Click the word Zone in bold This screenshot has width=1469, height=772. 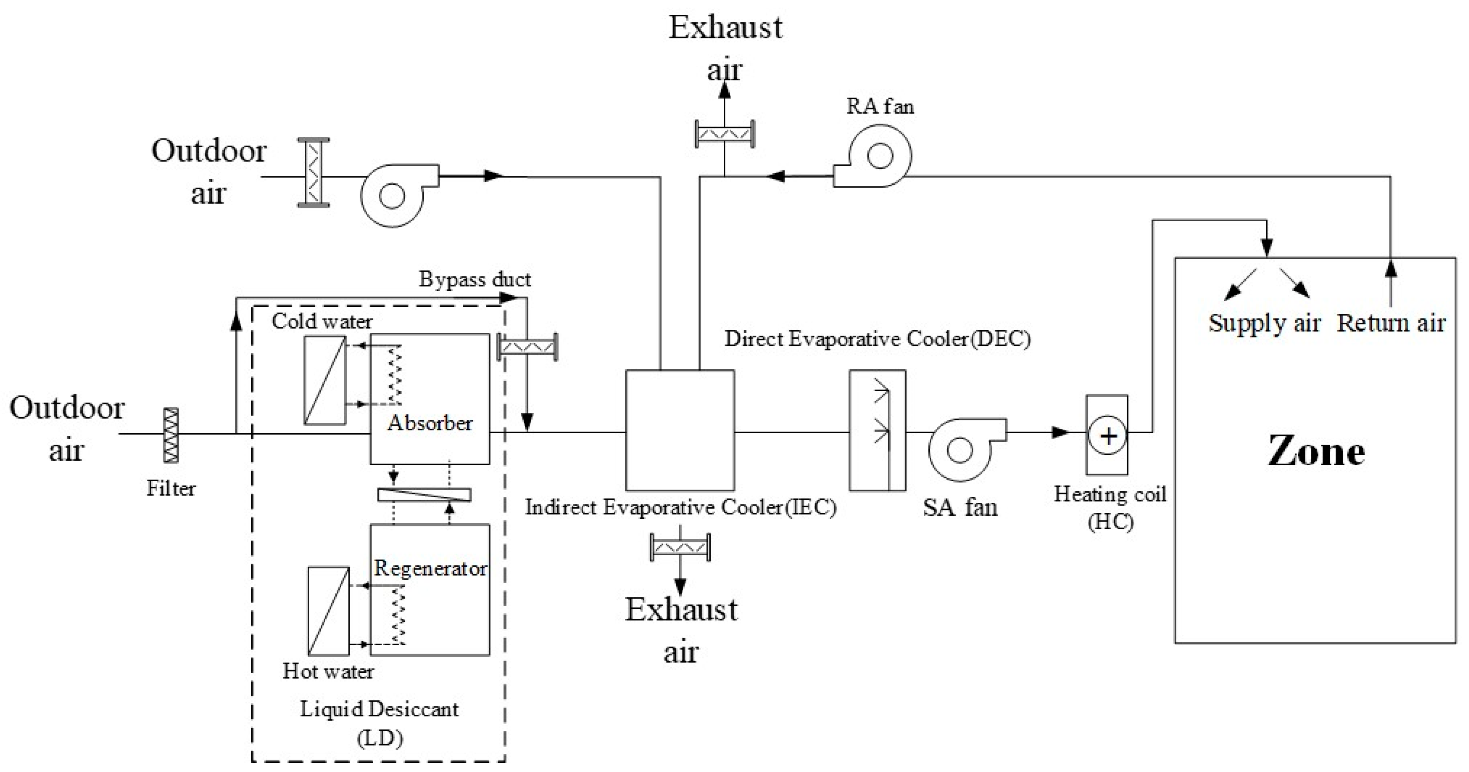click(1316, 452)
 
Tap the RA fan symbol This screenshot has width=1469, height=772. click(873, 157)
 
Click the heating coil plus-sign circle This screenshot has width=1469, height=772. click(1107, 436)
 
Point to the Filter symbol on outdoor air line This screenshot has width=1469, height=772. click(170, 434)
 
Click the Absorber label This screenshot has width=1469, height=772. click(430, 423)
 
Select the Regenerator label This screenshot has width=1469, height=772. click(430, 568)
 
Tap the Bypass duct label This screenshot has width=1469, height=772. click(475, 279)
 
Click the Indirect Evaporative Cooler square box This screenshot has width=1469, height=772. click(680, 430)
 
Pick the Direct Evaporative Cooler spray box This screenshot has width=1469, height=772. click(877, 430)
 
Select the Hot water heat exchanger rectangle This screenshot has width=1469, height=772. click(328, 611)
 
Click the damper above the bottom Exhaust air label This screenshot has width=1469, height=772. click(680, 547)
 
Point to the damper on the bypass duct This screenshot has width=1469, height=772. click(528, 347)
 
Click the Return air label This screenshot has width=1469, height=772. click(1391, 323)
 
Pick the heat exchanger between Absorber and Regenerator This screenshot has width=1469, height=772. click(424, 494)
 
